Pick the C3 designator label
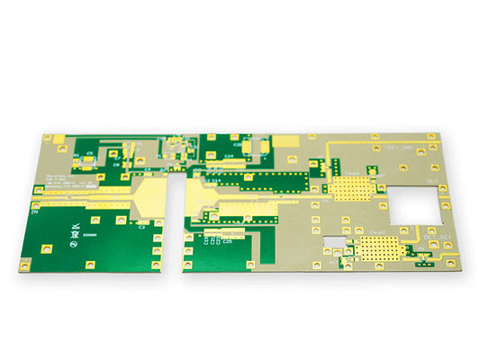coord(142,227)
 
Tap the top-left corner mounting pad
coord(47,137)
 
